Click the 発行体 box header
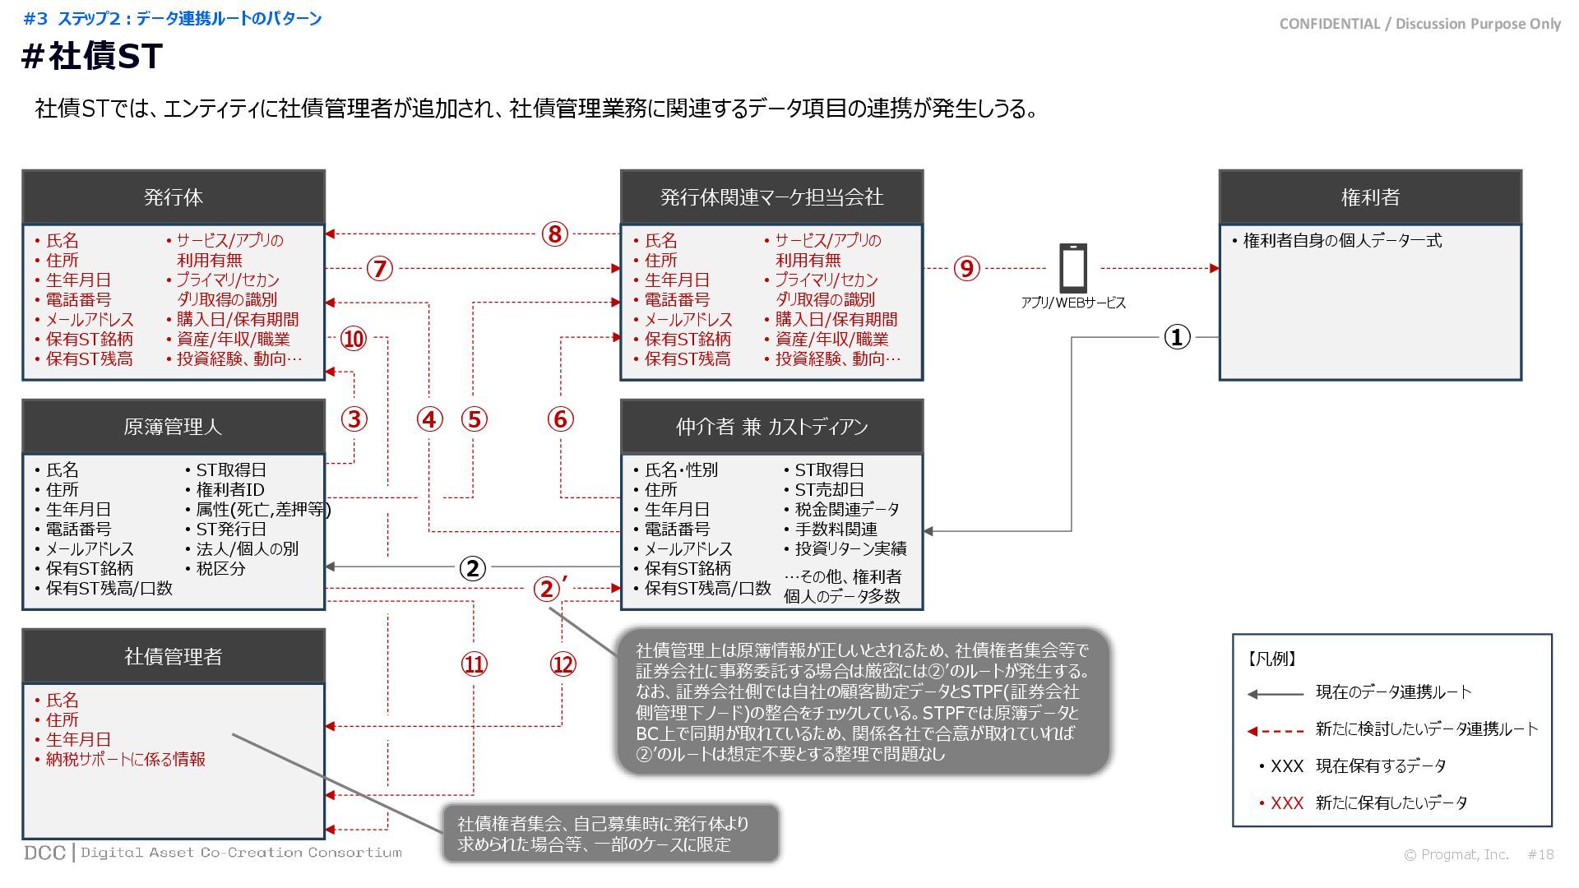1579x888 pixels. coord(173,197)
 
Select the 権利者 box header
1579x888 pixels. coord(1369,197)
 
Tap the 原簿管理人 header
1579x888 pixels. coord(173,427)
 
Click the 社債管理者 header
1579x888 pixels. coord(173,656)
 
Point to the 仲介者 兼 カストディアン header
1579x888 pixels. coord(771,427)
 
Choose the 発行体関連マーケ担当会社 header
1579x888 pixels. coord(771,197)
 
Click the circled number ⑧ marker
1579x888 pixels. coord(555,234)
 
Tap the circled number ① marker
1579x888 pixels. coord(1177,337)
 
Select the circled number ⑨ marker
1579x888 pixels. coord(966,269)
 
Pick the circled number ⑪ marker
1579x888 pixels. coord(474,664)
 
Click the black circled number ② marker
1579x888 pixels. coord(472,568)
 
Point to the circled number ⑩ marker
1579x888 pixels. coord(354,339)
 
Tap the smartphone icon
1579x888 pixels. coord(1072,268)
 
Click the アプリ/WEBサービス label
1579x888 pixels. coord(1072,303)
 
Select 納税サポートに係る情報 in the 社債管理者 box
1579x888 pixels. coord(125,760)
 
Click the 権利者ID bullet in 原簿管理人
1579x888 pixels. coord(229,490)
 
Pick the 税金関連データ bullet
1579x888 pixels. coord(846,510)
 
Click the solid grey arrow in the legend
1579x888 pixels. coord(1275,694)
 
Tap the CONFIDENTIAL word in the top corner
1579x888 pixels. coord(1329,24)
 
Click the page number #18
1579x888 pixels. coord(1540,854)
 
